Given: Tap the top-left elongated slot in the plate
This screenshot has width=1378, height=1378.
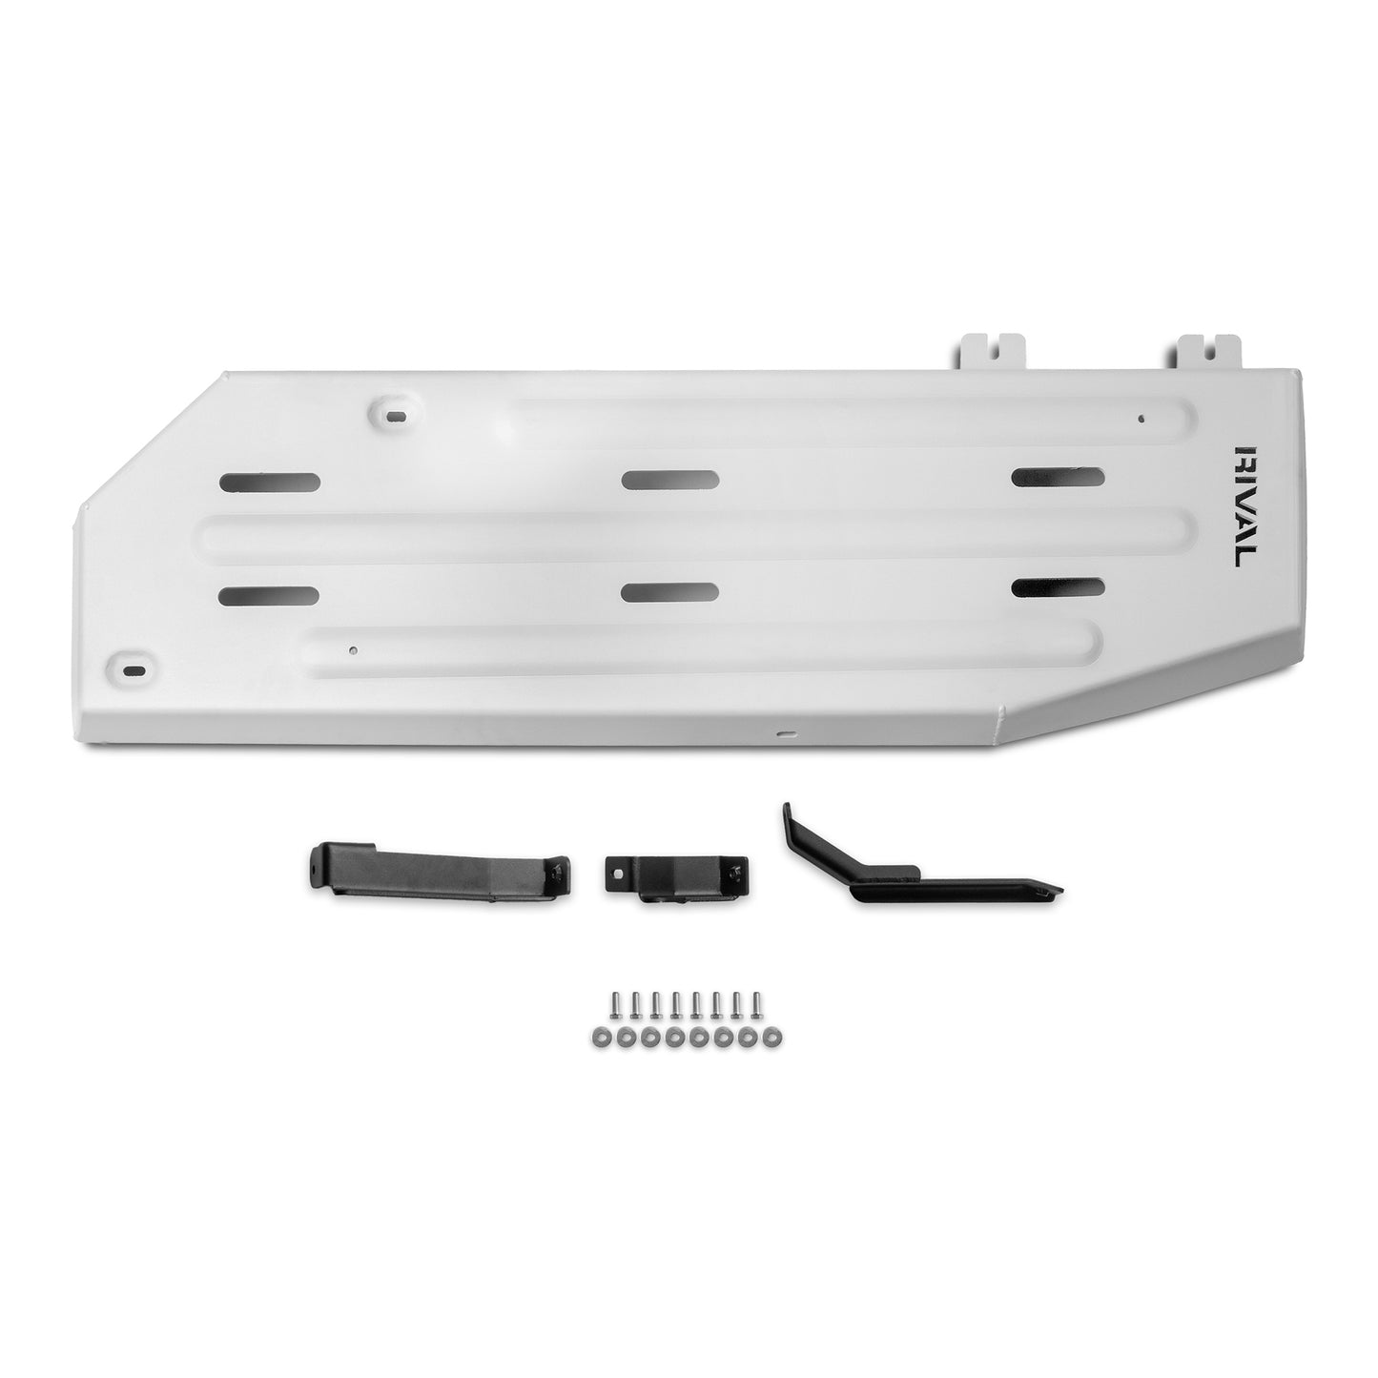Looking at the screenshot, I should (269, 482).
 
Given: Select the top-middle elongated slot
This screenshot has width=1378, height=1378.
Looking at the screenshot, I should (670, 480).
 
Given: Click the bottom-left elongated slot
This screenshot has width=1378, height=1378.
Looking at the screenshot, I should (268, 596).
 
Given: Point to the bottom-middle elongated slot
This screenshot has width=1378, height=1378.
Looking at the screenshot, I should (669, 592).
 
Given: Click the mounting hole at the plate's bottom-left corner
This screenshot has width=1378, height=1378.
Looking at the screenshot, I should (131, 668).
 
